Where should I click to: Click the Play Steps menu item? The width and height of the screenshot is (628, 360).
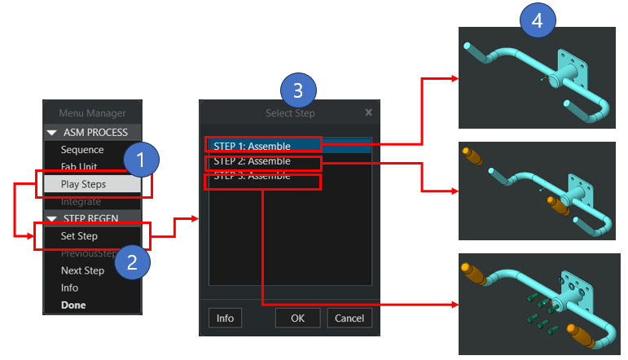pyautogui.click(x=83, y=184)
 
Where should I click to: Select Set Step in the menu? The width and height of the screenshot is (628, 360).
pyautogui.click(x=79, y=236)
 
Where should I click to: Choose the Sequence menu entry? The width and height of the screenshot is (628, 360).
pyautogui.click(x=82, y=150)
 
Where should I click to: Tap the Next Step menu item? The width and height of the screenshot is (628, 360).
pyautogui.click(x=82, y=270)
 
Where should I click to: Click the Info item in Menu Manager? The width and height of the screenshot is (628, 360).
pyautogui.click(x=70, y=288)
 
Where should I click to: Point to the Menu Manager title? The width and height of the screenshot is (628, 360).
pyautogui.click(x=92, y=113)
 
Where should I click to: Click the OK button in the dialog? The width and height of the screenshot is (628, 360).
pyautogui.click(x=298, y=318)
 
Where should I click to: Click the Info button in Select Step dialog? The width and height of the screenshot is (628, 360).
pyautogui.click(x=225, y=318)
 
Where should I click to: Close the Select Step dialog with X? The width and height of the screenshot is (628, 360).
pyautogui.click(x=368, y=112)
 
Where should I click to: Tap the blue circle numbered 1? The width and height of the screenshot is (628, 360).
pyautogui.click(x=142, y=160)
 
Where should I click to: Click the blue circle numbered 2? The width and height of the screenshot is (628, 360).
pyautogui.click(x=133, y=261)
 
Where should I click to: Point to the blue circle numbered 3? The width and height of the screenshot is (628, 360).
pyautogui.click(x=298, y=91)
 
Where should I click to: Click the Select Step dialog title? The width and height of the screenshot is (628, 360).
pyautogui.click(x=290, y=113)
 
